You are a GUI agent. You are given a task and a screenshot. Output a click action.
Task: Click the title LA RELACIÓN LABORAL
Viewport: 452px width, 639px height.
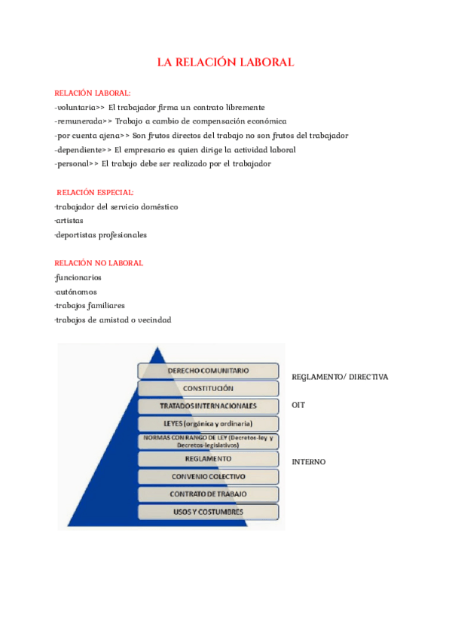pyautogui.click(x=225, y=62)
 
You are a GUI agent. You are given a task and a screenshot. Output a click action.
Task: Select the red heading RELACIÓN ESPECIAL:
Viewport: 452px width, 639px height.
pyautogui.click(x=95, y=192)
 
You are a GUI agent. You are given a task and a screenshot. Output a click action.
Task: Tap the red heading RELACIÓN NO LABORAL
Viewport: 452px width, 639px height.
pyautogui.click(x=99, y=263)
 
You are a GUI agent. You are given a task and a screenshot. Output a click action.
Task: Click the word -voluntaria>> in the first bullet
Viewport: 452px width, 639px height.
pyautogui.click(x=79, y=108)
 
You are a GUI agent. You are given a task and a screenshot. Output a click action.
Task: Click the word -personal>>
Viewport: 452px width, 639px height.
pyautogui.click(x=76, y=164)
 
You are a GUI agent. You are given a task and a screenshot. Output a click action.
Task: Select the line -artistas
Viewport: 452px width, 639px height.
pyautogui.click(x=69, y=221)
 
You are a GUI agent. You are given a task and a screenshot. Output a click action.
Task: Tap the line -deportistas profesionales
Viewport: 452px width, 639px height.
pyautogui.click(x=100, y=234)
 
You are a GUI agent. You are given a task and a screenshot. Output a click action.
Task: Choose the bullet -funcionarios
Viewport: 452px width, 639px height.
pyautogui.click(x=78, y=277)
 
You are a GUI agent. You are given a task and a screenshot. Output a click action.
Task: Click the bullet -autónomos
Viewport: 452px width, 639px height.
pyautogui.click(x=75, y=292)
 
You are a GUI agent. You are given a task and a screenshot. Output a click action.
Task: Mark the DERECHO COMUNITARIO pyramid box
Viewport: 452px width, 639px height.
pyautogui.click(x=208, y=371)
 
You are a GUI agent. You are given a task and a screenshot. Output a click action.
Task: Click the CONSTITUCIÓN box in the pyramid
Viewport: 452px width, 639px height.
pyautogui.click(x=208, y=388)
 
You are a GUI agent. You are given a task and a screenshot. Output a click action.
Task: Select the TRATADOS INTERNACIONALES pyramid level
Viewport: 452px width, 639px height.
pyautogui.click(x=208, y=405)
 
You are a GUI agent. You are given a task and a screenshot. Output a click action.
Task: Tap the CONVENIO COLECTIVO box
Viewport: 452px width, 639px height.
pyautogui.click(x=208, y=476)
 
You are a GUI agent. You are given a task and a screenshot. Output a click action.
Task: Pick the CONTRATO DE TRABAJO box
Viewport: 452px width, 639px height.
pyautogui.click(x=208, y=494)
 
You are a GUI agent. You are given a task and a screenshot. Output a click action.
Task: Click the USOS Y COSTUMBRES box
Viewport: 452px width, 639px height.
pyautogui.click(x=208, y=512)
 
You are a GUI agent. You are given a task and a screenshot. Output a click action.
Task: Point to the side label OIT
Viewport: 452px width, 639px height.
pyautogui.click(x=298, y=405)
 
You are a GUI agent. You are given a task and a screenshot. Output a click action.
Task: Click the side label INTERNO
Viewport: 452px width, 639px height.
pyautogui.click(x=308, y=461)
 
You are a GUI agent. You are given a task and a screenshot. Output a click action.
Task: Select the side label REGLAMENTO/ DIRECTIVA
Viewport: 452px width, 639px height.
pyautogui.click(x=339, y=376)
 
